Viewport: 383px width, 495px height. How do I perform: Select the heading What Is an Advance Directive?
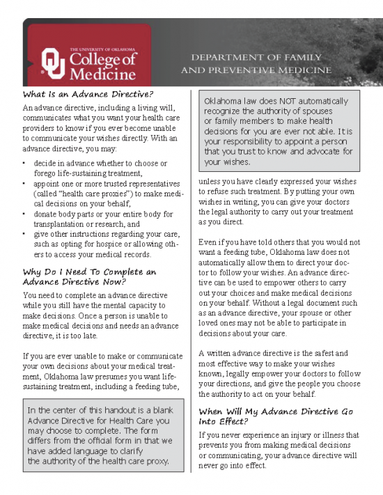(88, 94)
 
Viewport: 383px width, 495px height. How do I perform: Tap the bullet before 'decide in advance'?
(24, 164)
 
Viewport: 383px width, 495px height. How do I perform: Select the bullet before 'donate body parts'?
(24, 214)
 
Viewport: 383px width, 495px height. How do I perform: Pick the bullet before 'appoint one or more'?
(24, 184)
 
